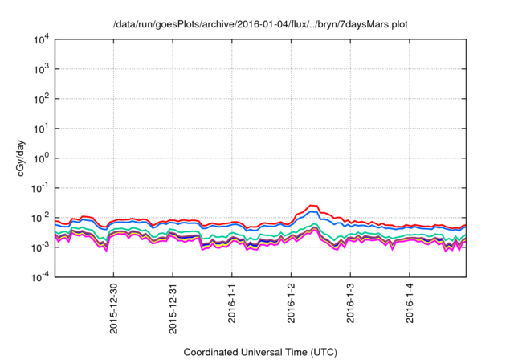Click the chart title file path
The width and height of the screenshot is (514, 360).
pyautogui.click(x=261, y=23)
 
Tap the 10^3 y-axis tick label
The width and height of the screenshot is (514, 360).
pyautogui.click(x=43, y=69)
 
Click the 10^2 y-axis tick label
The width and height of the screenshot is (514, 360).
pyautogui.click(x=43, y=99)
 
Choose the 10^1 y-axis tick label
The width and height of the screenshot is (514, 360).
pyautogui.click(x=43, y=129)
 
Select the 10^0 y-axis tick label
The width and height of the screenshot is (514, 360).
pyautogui.click(x=43, y=158)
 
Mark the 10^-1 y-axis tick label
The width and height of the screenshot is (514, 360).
pyautogui.click(x=42, y=188)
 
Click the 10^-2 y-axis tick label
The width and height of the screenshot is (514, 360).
pyautogui.click(x=42, y=218)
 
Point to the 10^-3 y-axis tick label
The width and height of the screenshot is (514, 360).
pyautogui.click(x=42, y=247)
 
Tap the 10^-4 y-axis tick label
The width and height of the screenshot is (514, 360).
pyautogui.click(x=42, y=277)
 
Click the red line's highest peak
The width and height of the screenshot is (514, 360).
pyautogui.click(x=313, y=206)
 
